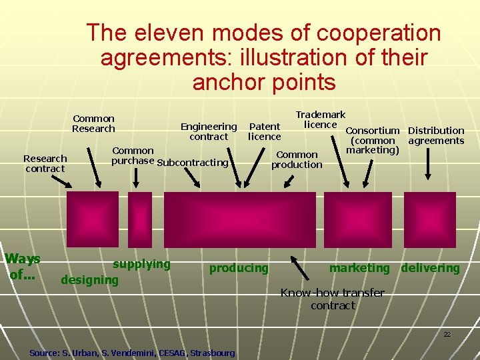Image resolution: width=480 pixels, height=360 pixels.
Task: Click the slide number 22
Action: pyautogui.click(x=447, y=334)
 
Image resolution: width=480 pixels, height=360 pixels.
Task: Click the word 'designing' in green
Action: pyautogui.click(x=89, y=280)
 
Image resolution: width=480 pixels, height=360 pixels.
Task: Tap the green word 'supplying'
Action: pyautogui.click(x=141, y=264)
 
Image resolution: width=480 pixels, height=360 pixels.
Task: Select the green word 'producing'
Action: pyautogui.click(x=239, y=268)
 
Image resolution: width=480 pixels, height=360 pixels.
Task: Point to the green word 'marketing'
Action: pyautogui.click(x=359, y=268)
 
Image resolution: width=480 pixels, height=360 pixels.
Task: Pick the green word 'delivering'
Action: pyautogui.click(x=430, y=268)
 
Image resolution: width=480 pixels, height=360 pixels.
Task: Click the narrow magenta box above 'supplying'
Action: pyautogui.click(x=140, y=219)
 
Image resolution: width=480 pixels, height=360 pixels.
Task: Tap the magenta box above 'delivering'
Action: pyautogui.click(x=430, y=219)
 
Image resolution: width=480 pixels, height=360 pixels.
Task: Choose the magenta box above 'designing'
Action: pyautogui.click(x=93, y=219)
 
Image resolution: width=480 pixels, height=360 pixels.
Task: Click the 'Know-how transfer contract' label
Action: pyautogui.click(x=333, y=299)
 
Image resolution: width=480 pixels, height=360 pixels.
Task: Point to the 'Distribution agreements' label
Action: pyautogui.click(x=436, y=135)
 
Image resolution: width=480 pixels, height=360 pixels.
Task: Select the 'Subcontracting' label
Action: pyautogui.click(x=193, y=163)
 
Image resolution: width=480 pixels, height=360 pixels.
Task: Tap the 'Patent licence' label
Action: pyautogui.click(x=265, y=131)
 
